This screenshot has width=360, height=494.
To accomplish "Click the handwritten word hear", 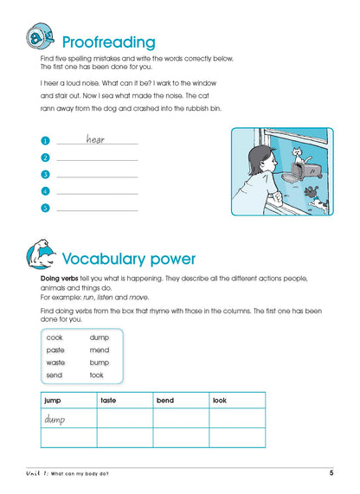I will tap(95, 138).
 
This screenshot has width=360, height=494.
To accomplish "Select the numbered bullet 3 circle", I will tap(44, 175).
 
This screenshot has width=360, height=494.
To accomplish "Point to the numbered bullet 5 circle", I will tap(44, 208).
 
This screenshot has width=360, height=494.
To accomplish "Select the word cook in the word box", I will tap(55, 337).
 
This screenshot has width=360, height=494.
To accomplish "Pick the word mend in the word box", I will tap(99, 350).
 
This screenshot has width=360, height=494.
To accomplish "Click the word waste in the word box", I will tap(55, 362).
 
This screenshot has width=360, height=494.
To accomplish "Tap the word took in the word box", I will tap(97, 375).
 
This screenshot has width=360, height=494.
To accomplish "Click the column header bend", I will tap(165, 401).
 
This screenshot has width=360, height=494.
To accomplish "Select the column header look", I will tap(221, 401).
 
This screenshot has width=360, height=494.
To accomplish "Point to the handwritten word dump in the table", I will tap(55, 420).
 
